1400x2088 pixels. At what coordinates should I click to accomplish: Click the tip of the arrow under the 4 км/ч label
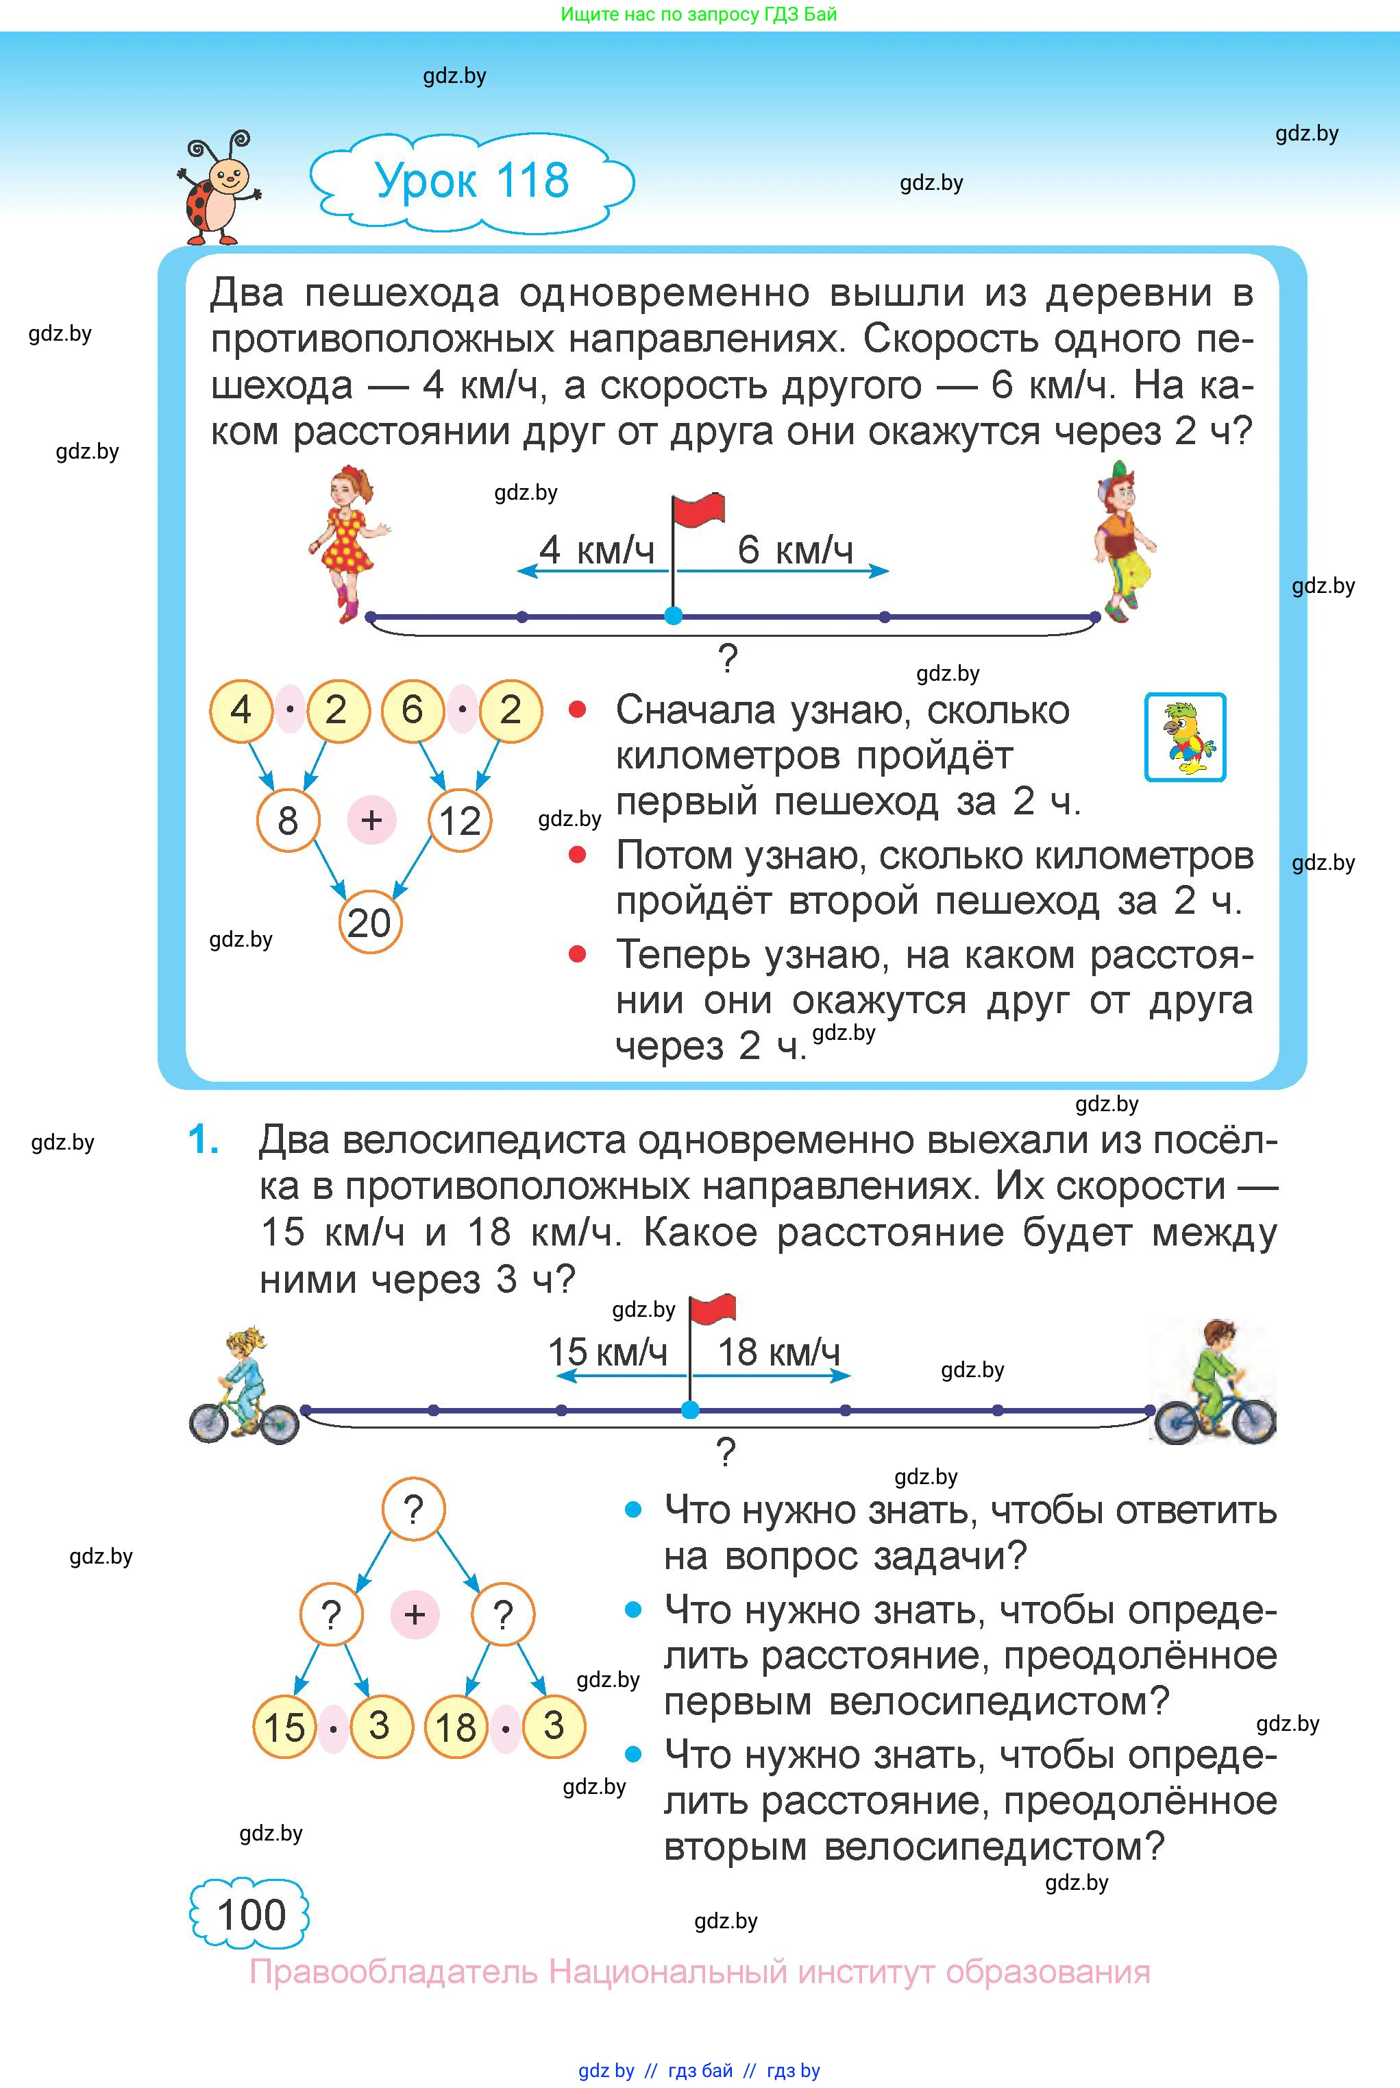tap(518, 571)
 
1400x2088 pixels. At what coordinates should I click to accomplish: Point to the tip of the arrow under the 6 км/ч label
tap(889, 571)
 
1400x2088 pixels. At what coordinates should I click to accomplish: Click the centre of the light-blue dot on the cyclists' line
tap(689, 1410)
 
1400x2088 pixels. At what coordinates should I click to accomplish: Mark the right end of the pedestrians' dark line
tap(1096, 616)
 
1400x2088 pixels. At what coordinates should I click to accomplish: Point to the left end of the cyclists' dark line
tap(306, 1410)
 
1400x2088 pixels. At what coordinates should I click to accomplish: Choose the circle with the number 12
tap(460, 820)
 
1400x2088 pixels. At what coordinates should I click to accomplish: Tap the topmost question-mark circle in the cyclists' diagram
tap(413, 1509)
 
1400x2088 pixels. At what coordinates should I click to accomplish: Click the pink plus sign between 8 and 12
tap(371, 819)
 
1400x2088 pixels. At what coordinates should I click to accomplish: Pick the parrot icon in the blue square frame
tap(1185, 737)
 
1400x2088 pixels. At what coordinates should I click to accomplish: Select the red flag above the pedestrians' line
tap(698, 510)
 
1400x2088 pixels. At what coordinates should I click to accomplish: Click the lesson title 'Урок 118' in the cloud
tap(471, 180)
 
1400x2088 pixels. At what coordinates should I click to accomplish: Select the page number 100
tap(251, 1915)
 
